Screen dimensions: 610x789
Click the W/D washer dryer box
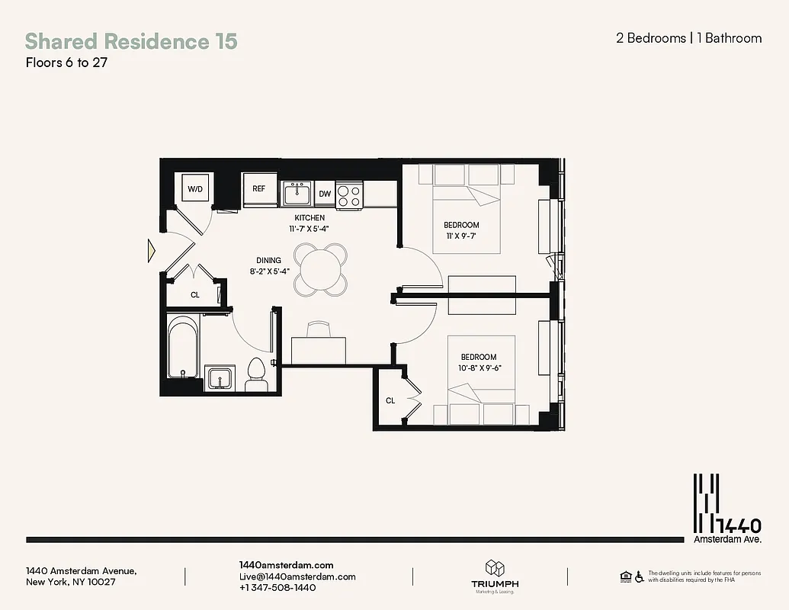click(x=195, y=188)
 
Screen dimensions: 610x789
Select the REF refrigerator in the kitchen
click(x=259, y=188)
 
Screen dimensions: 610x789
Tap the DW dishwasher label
click(x=325, y=194)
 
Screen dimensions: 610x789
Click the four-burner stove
click(x=349, y=194)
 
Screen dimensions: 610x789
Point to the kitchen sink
click(x=297, y=194)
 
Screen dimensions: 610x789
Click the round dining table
click(x=321, y=268)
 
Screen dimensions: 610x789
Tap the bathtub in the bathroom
click(x=184, y=348)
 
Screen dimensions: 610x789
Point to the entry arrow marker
click(x=152, y=249)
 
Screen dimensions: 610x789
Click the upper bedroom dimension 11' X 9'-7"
click(x=461, y=236)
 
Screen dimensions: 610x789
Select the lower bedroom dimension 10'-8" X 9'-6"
click(x=478, y=368)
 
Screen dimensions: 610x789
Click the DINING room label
click(x=268, y=260)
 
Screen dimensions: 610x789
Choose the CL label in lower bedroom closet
click(x=390, y=400)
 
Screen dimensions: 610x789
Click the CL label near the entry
click(x=195, y=294)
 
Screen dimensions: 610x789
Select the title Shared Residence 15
click(x=131, y=40)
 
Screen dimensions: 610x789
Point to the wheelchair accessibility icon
click(x=639, y=576)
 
